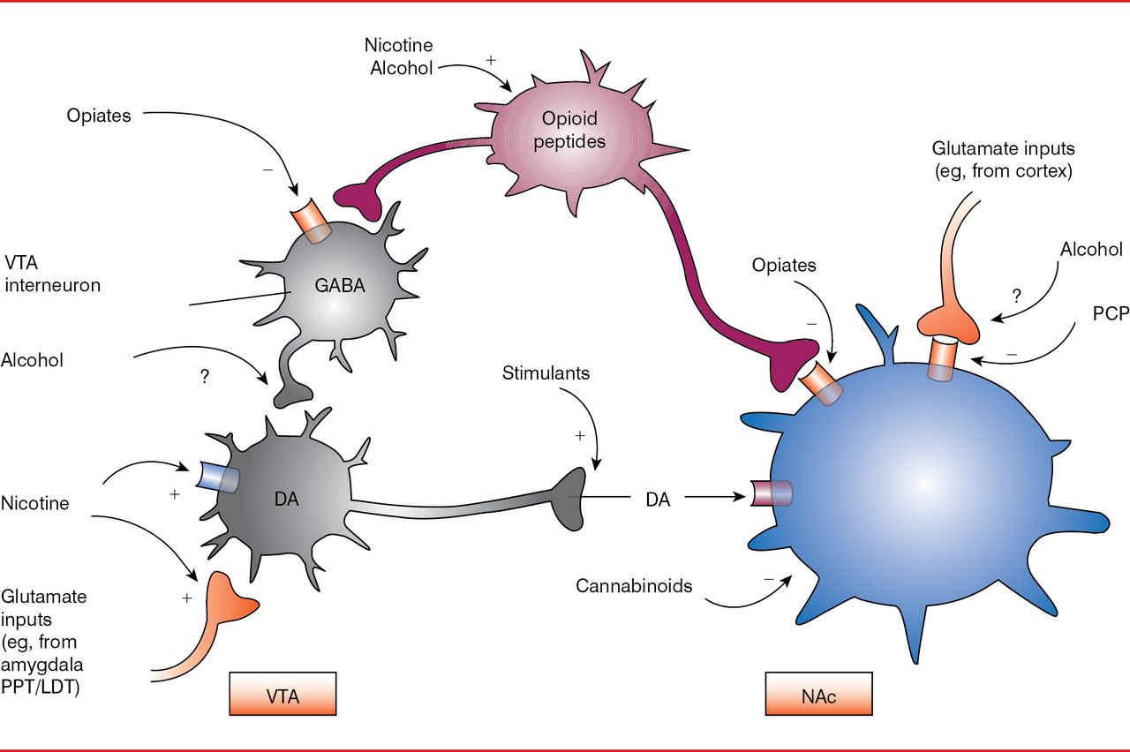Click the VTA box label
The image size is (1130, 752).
tap(282, 695)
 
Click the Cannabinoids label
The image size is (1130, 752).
tap(634, 585)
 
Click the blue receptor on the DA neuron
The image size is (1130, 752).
tap(219, 478)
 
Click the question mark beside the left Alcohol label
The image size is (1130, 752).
tap(206, 376)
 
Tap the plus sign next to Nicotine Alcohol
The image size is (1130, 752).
tap(491, 61)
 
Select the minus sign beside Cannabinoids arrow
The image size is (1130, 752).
tap(769, 578)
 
